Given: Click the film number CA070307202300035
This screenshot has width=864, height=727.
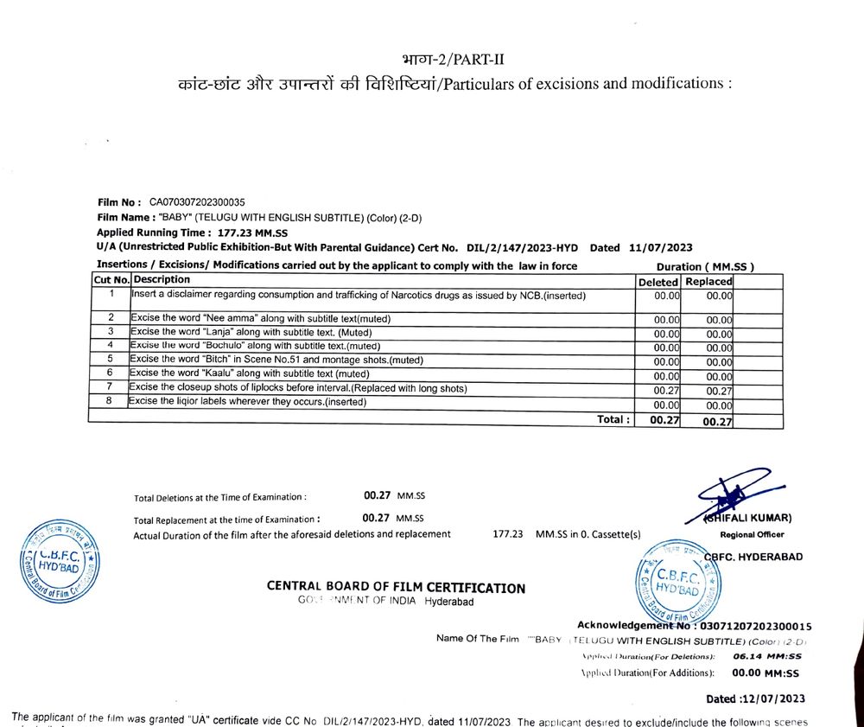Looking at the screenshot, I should coord(197,201).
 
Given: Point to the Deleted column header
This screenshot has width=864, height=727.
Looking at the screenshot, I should coord(658,282).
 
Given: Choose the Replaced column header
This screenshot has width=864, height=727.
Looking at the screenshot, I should coord(708,282).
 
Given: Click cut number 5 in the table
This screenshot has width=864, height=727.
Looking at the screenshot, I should coord(111,359).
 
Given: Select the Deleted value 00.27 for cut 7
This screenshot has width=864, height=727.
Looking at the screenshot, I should coord(666,391).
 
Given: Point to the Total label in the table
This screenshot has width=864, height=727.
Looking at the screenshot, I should coord(613,419).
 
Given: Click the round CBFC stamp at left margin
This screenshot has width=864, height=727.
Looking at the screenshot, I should coord(59,561).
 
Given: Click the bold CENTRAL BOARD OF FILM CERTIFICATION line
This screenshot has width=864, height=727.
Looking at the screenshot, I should coord(396,587).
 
